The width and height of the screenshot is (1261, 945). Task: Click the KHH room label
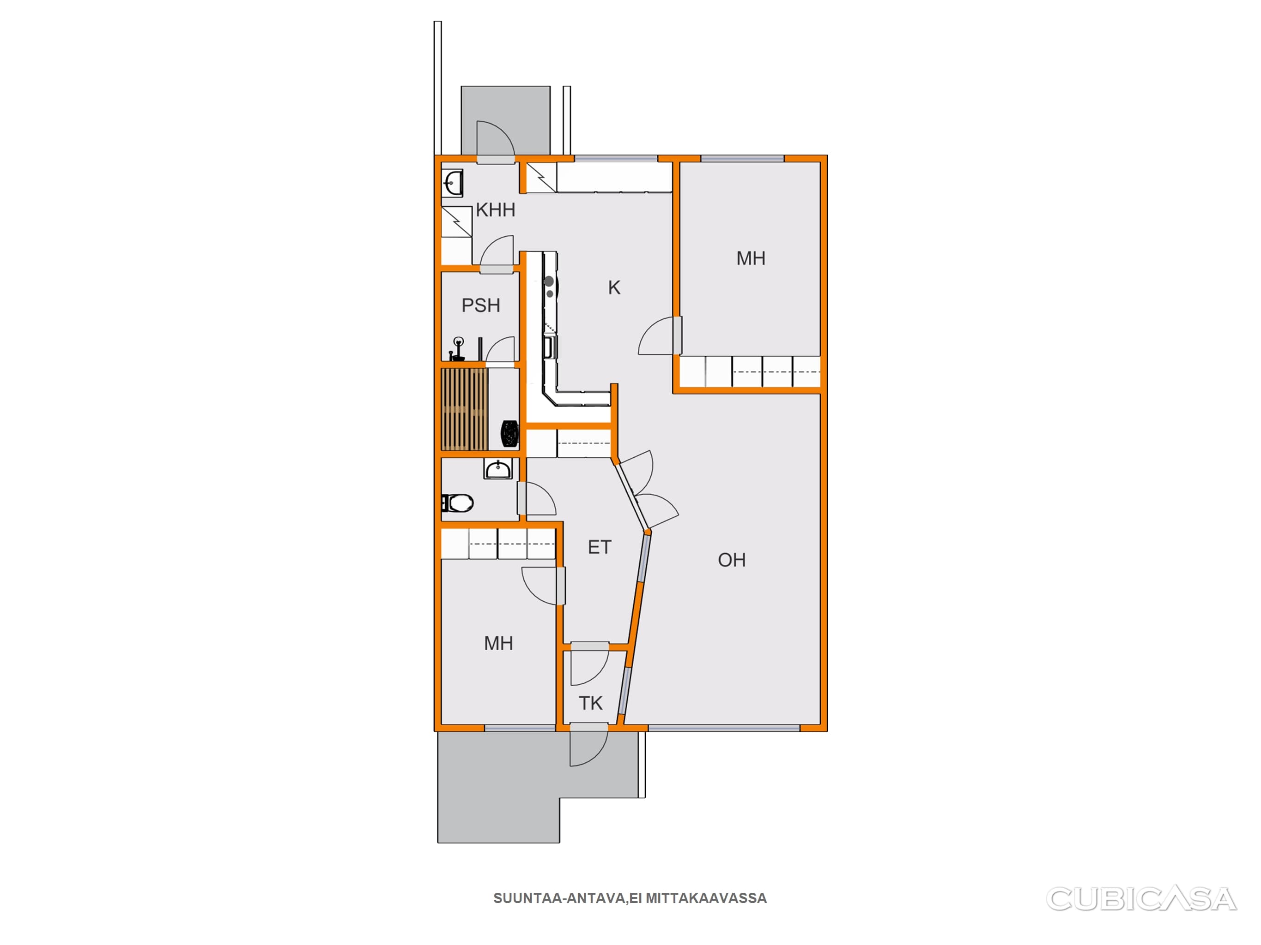495,210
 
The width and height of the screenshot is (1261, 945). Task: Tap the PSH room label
480,305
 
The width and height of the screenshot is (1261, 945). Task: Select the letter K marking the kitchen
614,287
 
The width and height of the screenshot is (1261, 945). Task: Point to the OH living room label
731,560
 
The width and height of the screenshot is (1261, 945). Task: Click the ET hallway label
599,547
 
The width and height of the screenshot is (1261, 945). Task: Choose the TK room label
591,704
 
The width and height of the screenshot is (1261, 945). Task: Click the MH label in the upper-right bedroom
751,258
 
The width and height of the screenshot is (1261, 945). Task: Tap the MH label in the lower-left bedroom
498,644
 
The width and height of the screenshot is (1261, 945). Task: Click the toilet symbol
458,503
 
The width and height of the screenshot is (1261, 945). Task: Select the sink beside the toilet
498,469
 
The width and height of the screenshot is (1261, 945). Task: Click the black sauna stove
509,433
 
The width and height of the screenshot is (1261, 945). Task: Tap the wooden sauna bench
465,410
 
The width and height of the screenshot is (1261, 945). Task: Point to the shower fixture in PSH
458,349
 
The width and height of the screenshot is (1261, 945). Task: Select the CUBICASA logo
1141,899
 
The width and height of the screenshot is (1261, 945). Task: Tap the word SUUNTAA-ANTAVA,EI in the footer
568,898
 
